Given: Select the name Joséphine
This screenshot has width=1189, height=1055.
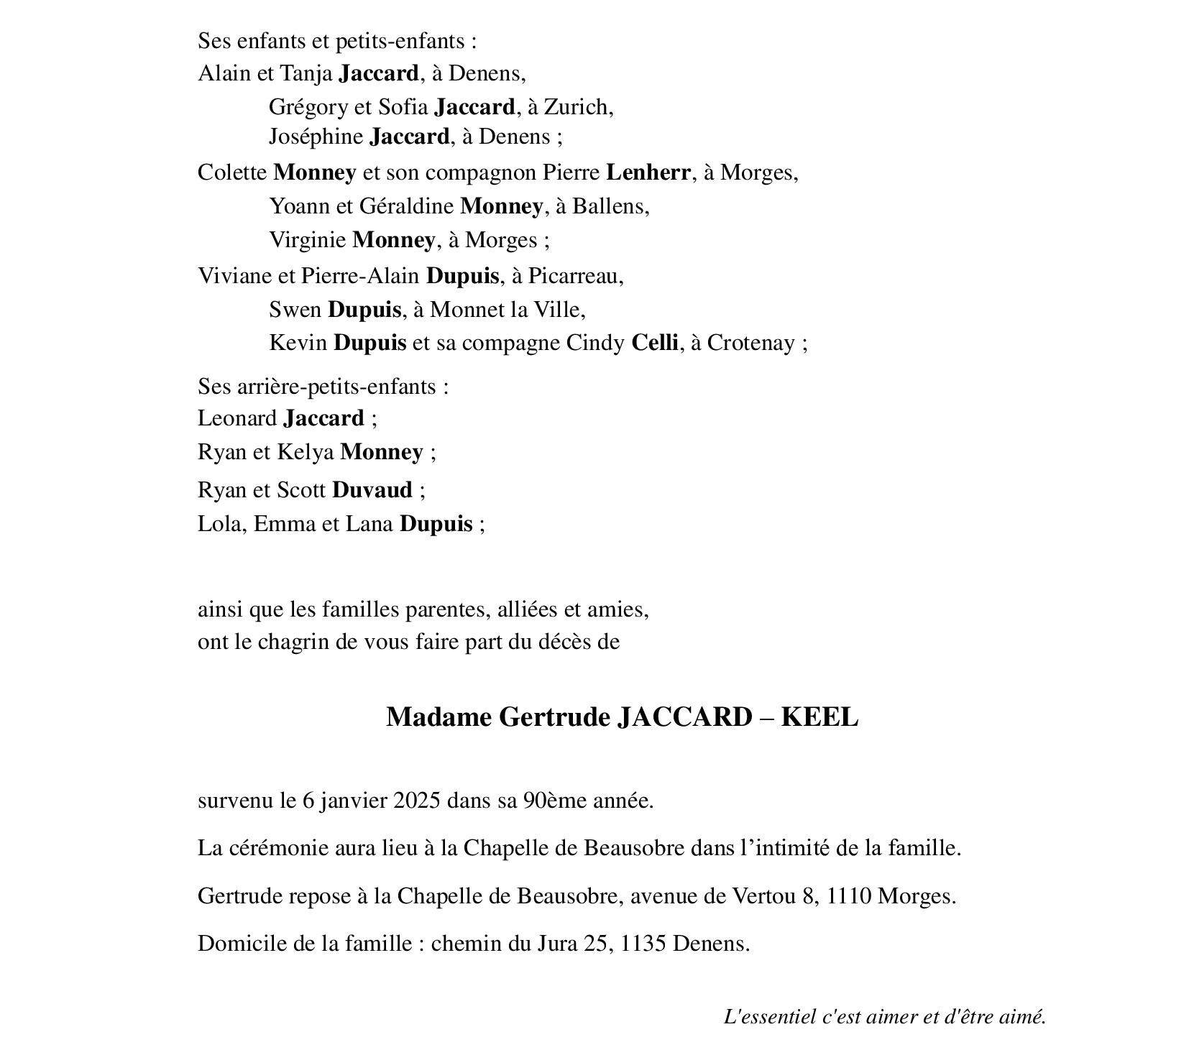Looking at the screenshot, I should click(x=316, y=137).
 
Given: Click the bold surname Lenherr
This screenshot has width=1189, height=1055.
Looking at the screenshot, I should click(x=648, y=172).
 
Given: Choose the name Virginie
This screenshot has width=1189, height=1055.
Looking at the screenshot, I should click(x=307, y=240).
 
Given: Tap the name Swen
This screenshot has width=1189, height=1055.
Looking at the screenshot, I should click(x=295, y=310).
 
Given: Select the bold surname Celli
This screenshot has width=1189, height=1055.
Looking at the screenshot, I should click(x=654, y=343).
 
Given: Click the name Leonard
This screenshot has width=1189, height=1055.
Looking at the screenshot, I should click(x=237, y=418).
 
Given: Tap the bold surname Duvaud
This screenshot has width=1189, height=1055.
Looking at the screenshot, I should click(x=372, y=490).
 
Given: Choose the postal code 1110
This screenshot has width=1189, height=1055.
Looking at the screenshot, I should click(x=849, y=897).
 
